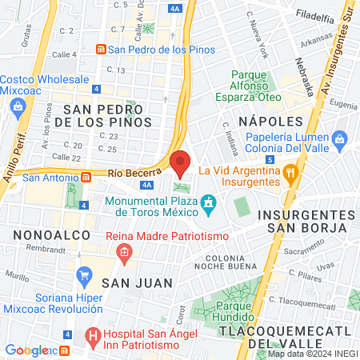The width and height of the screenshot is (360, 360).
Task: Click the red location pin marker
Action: point(181,162)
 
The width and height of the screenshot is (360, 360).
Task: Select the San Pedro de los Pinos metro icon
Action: point(101,49)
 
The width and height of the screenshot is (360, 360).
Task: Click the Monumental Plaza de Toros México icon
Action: point(209,205)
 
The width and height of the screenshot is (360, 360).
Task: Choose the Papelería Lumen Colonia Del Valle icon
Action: point(341,140)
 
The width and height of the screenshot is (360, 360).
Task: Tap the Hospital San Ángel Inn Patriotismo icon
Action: point(93,334)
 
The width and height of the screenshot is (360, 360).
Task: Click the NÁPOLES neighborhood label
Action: point(270,121)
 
